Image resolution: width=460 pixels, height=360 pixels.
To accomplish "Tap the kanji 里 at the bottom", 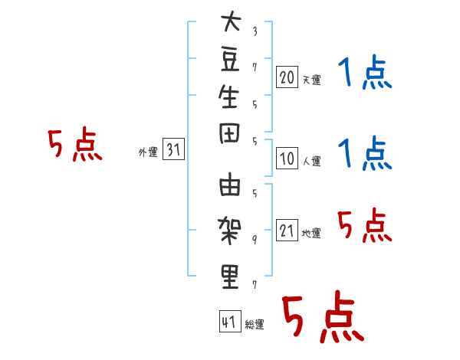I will click(x=230, y=276).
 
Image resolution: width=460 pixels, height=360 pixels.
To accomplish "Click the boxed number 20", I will click(x=287, y=77).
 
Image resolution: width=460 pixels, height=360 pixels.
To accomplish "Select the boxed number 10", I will click(x=287, y=159).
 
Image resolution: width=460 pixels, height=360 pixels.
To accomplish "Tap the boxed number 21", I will click(x=287, y=231).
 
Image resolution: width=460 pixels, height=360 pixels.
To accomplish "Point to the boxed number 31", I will click(x=173, y=150).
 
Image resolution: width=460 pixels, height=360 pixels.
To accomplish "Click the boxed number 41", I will click(x=228, y=322).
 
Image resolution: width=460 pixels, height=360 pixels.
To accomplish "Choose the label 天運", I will click(x=311, y=80).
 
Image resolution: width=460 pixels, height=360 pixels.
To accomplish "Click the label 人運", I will click(x=311, y=162).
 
